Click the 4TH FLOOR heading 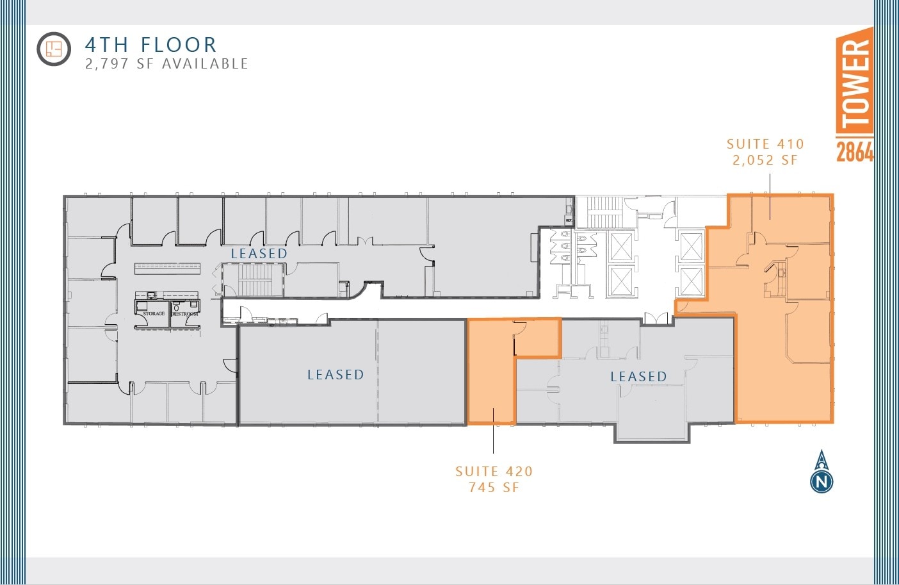click(x=151, y=45)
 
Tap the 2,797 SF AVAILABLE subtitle click(x=166, y=64)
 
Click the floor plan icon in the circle click(x=53, y=49)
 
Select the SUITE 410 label click(x=765, y=144)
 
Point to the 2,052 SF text click(x=765, y=160)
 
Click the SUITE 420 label click(x=494, y=472)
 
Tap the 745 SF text click(x=494, y=488)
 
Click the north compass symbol click(x=822, y=472)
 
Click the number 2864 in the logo click(x=855, y=152)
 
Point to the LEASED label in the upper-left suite click(x=259, y=254)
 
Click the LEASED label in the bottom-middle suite click(x=336, y=375)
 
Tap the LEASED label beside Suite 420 click(x=638, y=377)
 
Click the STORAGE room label click(x=154, y=314)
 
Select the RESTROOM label click(x=185, y=314)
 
